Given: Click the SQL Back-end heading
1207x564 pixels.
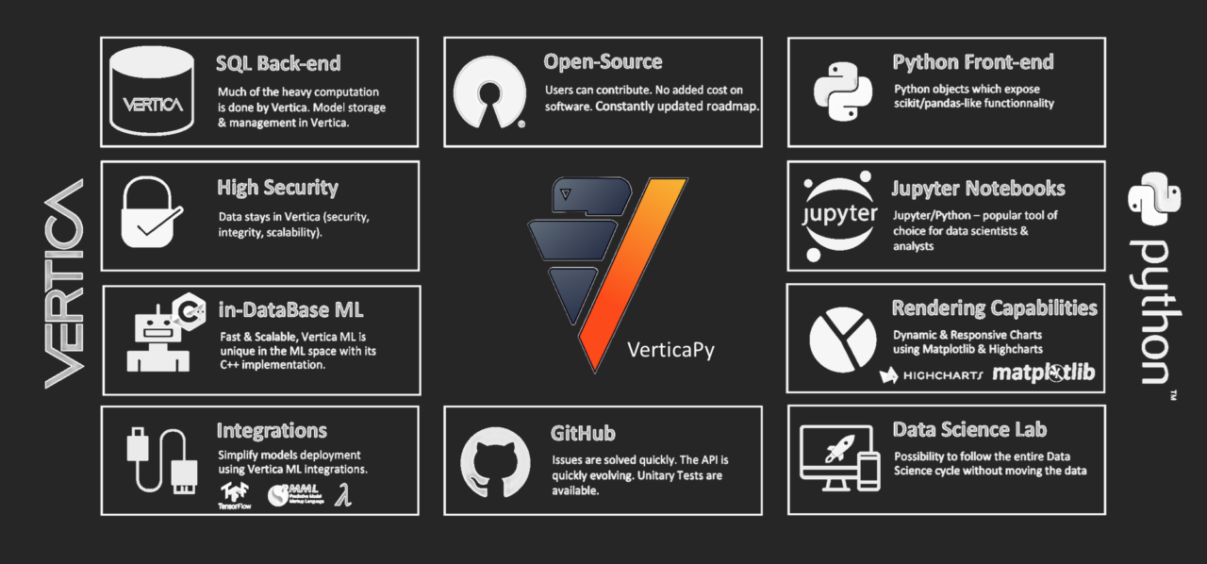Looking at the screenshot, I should [x=278, y=64].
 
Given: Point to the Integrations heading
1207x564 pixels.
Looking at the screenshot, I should [x=272, y=431].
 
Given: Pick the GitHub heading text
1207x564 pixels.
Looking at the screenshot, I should [x=583, y=433].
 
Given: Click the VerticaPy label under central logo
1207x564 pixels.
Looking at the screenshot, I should [x=670, y=350].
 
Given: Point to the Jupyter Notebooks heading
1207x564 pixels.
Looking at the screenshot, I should [x=978, y=189].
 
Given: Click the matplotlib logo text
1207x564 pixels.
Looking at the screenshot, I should [x=1043, y=373].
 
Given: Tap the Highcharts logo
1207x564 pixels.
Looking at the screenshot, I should [x=931, y=375].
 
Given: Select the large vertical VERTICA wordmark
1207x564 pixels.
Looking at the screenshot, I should [x=64, y=283].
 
